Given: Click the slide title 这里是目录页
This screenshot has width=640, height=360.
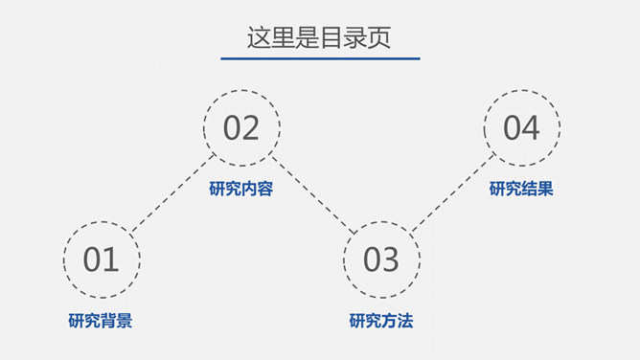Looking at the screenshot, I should pos(319,37).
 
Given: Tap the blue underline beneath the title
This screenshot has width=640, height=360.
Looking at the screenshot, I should pos(319,58).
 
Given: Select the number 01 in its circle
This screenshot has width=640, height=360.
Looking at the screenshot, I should pos(102,259).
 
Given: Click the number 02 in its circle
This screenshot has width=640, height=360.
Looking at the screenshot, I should pos(241,128).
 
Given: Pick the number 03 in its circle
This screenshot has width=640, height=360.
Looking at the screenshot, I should pos(381,259).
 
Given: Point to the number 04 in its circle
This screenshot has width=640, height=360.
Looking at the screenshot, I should pos(521,128).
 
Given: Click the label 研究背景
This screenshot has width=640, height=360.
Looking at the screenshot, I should pos(101,321).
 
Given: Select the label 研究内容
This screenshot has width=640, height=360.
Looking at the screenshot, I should pos(241,190).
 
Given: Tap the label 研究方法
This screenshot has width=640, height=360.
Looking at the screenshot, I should pos(381,321).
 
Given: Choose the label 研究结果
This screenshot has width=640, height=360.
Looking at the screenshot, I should pos(521,190).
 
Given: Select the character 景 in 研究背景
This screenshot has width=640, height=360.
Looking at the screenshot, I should pos(125,321).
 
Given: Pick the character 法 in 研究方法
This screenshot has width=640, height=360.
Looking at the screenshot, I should pos(405,321).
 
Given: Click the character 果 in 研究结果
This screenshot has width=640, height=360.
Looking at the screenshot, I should pos(545,190).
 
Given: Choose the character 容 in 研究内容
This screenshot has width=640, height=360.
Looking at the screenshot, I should pos(265,190).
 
